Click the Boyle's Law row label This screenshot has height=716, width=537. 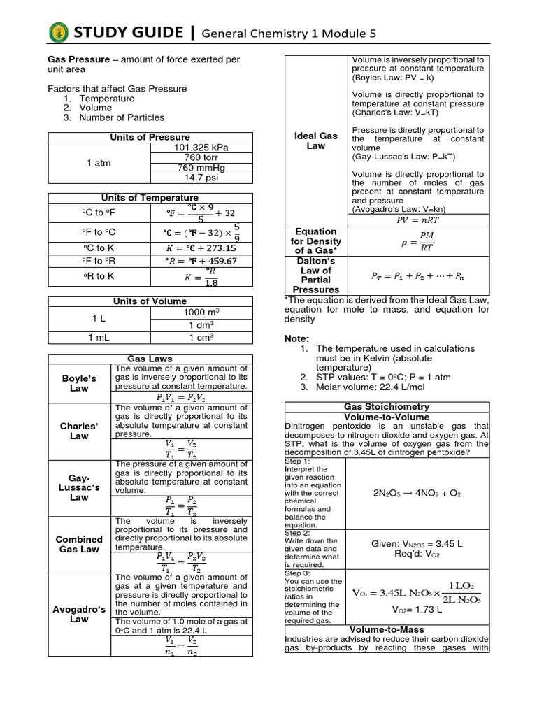pos(79,382)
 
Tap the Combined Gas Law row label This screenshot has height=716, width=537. pos(79,544)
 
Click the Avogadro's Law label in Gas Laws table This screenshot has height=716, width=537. pos(79,614)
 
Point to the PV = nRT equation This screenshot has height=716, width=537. pos(419,220)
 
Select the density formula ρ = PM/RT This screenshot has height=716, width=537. pos(419,241)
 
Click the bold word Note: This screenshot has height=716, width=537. pos(296,338)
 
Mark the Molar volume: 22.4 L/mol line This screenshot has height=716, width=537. pos(371,386)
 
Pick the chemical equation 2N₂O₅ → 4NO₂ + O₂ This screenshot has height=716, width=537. pos(417,493)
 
